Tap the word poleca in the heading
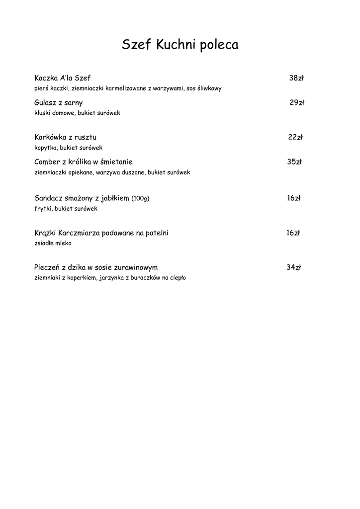(219, 46)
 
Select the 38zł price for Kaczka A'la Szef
(296, 78)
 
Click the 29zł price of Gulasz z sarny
(297, 103)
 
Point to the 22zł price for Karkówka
(295, 137)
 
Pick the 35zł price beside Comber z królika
(294, 162)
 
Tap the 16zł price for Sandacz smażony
(293, 198)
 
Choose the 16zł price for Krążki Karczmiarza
(293, 233)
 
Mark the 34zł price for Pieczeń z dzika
(293, 267)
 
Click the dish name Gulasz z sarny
(59, 103)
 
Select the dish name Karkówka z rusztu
(66, 137)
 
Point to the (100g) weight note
(140, 198)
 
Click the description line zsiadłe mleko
(53, 243)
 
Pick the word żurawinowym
(136, 267)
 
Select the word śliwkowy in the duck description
(209, 88)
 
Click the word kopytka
(45, 148)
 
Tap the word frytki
(43, 209)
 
